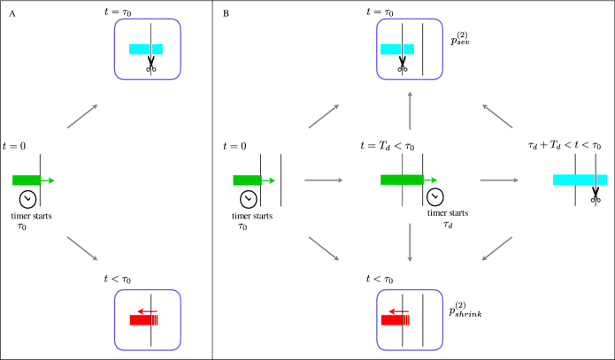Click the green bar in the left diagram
click(x=27, y=180)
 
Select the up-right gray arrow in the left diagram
click(x=82, y=117)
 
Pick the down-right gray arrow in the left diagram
click(x=82, y=249)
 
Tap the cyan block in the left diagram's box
click(x=146, y=50)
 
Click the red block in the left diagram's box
click(x=143, y=319)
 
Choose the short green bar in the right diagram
click(x=247, y=180)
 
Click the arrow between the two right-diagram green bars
click(x=324, y=180)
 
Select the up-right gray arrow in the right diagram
click(x=324, y=117)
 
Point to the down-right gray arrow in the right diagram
click(x=324, y=249)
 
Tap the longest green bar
click(x=402, y=180)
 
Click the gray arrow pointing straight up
click(x=410, y=110)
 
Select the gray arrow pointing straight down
click(x=410, y=242)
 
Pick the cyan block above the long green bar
click(x=397, y=50)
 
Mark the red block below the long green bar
click(x=395, y=319)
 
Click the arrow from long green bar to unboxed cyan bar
click(x=499, y=180)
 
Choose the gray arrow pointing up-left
click(x=497, y=117)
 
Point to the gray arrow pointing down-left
click(x=497, y=249)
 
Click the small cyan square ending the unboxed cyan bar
click(x=603, y=180)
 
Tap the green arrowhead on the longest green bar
click(x=433, y=180)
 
